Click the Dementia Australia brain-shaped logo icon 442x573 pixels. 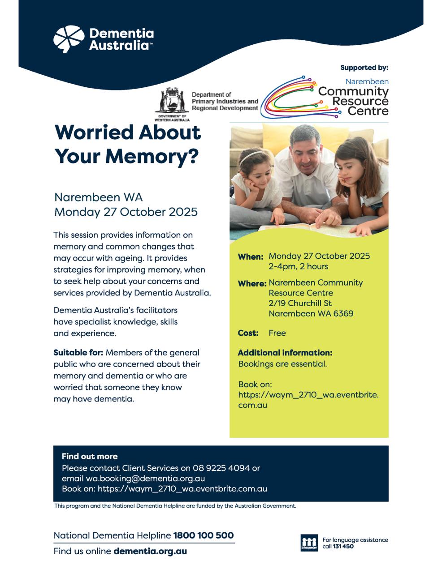point(69,39)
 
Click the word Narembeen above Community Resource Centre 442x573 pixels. point(367,81)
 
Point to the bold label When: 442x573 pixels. point(250,257)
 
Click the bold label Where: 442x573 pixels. point(252,284)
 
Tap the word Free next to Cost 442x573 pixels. point(277,333)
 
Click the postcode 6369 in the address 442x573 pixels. point(343,313)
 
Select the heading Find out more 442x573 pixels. point(90,457)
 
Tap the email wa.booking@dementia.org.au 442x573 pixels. point(146,478)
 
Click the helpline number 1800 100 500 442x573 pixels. point(204,535)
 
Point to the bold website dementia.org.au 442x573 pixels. point(150,551)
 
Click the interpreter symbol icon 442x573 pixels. point(309,543)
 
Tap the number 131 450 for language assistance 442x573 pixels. point(343,547)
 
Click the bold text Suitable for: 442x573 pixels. point(78,353)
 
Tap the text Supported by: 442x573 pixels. point(364,68)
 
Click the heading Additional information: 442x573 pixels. point(285,353)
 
